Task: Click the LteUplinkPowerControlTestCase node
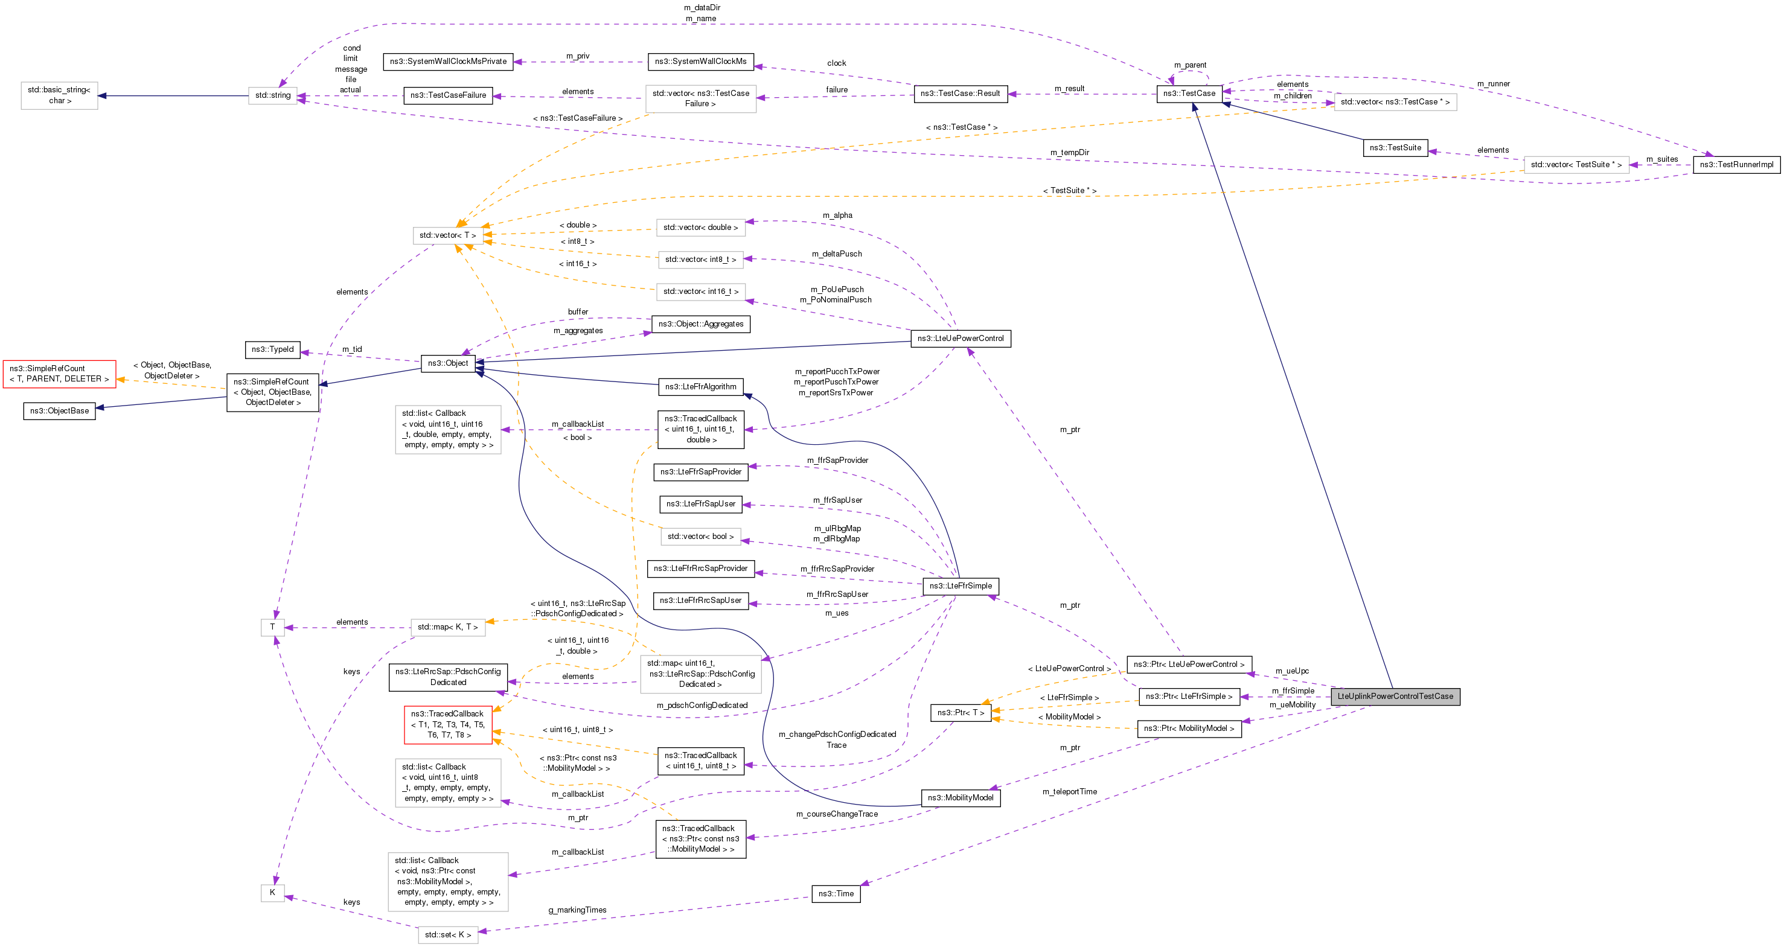[1395, 697]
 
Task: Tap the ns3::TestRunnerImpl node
[1736, 165]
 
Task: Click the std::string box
[273, 95]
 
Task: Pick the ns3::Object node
[447, 363]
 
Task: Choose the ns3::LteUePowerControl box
[960, 339]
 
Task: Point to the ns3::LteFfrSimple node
[960, 586]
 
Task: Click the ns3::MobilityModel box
[960, 798]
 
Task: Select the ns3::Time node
[836, 894]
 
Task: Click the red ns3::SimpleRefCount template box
[59, 374]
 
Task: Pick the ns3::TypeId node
[272, 349]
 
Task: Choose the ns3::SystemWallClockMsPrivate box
[447, 62]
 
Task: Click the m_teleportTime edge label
[1069, 792]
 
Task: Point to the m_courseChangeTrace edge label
[837, 814]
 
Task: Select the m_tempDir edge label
[1069, 152]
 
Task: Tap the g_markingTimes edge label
[577, 910]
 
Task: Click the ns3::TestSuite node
[1395, 148]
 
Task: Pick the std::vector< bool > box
[700, 537]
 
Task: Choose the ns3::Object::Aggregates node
[700, 324]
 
